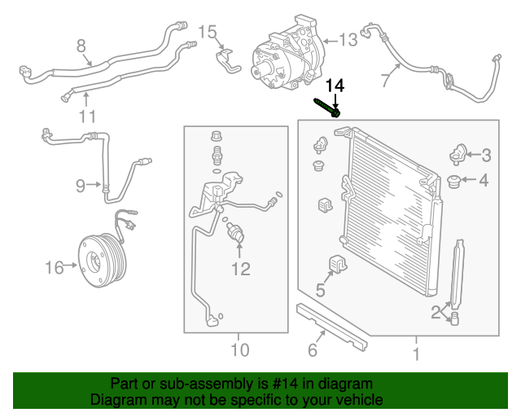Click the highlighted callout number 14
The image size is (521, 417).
click(335, 86)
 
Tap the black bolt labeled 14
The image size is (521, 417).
click(326, 107)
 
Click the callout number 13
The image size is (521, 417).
click(348, 39)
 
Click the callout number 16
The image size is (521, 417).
click(54, 267)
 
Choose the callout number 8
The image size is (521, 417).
click(81, 45)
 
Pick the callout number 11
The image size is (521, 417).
click(87, 116)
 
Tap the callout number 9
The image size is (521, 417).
click(81, 186)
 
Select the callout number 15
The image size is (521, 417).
click(208, 33)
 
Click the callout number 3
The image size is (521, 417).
click(486, 155)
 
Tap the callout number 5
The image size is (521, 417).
click(321, 290)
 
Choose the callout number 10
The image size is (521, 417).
click(239, 351)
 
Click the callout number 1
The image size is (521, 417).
click(415, 353)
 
